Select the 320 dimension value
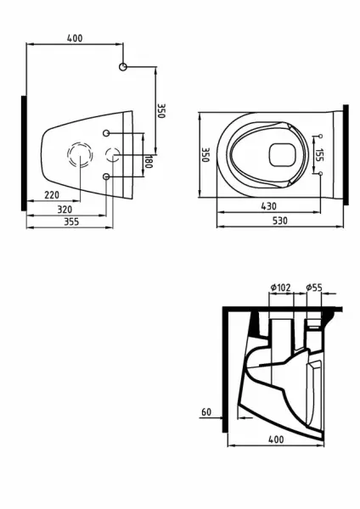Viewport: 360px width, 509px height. coord(59,208)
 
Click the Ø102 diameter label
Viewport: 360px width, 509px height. coord(280,288)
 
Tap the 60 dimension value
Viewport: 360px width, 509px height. coord(206,411)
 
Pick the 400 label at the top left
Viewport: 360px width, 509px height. coord(76,39)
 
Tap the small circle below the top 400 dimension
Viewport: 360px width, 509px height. coord(124,67)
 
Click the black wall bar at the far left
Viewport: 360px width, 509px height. coord(23,154)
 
